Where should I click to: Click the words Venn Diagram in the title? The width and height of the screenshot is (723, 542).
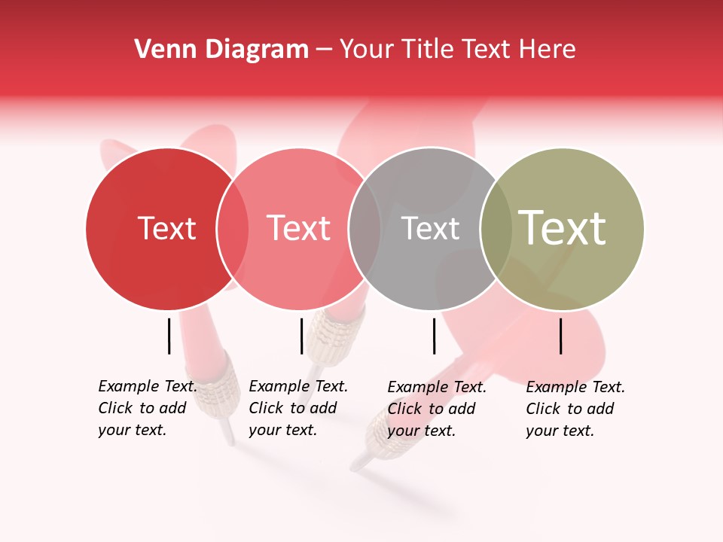pos(221,50)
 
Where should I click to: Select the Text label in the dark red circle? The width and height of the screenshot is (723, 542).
pos(166,228)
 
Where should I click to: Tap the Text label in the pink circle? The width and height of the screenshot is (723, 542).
pos(299,228)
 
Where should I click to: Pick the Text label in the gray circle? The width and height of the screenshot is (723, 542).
pos(430,228)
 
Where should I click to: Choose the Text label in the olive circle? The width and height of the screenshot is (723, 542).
pos(563,228)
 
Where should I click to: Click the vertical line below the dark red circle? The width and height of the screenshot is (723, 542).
pos(169,336)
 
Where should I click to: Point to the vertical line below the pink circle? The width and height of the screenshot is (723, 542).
pos(301,336)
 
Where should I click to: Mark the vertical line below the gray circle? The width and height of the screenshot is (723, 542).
pos(434,336)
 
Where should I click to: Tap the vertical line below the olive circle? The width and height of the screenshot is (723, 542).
pos(561,336)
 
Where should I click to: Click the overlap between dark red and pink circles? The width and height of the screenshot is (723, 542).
pos(233,229)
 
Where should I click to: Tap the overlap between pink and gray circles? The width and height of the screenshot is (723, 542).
pos(365,229)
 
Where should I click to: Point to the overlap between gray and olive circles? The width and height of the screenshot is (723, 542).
pos(496,229)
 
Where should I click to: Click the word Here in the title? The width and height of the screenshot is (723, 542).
pos(548,50)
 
